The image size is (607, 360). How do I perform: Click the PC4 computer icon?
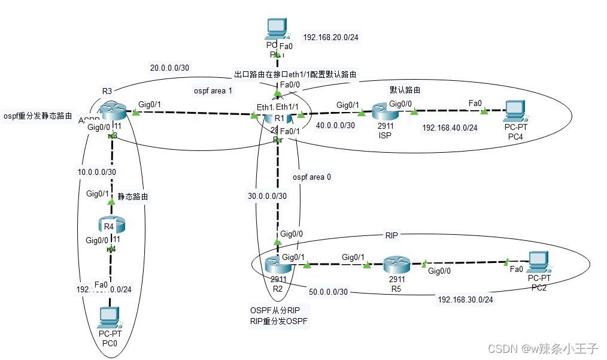[x=514, y=111]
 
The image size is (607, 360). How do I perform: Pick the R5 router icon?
[x=396, y=263]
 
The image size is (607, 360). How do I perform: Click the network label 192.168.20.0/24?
[x=331, y=37]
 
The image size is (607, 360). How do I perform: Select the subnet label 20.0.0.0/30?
[x=169, y=68]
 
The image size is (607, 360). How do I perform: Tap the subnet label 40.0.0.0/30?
[x=335, y=125]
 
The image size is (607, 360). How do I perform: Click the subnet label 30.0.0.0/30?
[x=267, y=195]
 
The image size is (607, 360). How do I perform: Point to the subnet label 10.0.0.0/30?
[x=96, y=171]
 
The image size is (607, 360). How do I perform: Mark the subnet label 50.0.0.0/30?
[x=329, y=292]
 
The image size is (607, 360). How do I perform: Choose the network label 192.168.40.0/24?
[x=450, y=128]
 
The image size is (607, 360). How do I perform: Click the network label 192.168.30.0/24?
[x=465, y=300]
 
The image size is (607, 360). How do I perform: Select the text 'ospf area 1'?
[x=212, y=91]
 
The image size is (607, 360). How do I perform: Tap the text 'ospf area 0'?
[x=312, y=177]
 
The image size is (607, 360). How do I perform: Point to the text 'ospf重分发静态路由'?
[x=38, y=116]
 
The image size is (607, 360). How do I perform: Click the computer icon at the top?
[x=276, y=28]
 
